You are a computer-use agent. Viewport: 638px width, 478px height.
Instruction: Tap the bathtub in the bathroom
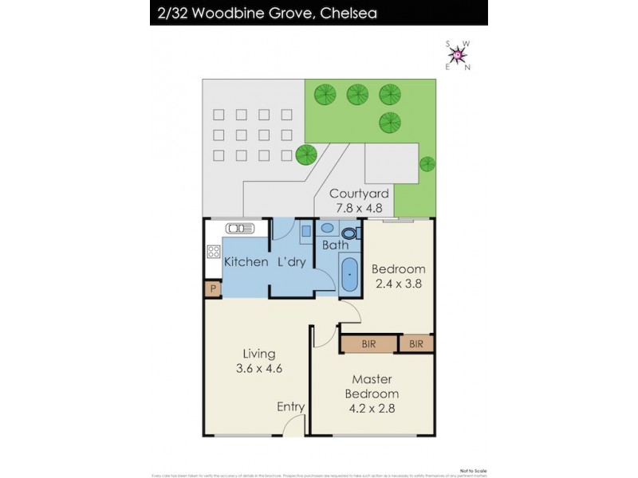349,276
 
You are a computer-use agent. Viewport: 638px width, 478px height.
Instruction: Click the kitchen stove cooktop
214,253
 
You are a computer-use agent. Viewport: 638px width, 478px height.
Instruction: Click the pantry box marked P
212,290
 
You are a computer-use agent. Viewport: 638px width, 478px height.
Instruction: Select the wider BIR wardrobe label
368,344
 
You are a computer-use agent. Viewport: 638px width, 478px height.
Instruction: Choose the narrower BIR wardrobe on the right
416,344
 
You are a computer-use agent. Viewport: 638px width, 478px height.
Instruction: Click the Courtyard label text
359,194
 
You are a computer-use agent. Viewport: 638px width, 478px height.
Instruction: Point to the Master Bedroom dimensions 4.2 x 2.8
372,409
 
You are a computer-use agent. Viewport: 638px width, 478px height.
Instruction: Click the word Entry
290,407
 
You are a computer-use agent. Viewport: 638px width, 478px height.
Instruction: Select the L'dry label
292,262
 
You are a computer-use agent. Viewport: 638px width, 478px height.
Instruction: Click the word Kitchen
246,262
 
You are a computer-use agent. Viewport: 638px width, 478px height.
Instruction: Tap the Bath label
335,245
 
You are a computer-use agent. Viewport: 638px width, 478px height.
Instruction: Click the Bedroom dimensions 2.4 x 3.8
399,284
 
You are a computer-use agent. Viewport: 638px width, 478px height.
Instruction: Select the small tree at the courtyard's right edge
427,164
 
